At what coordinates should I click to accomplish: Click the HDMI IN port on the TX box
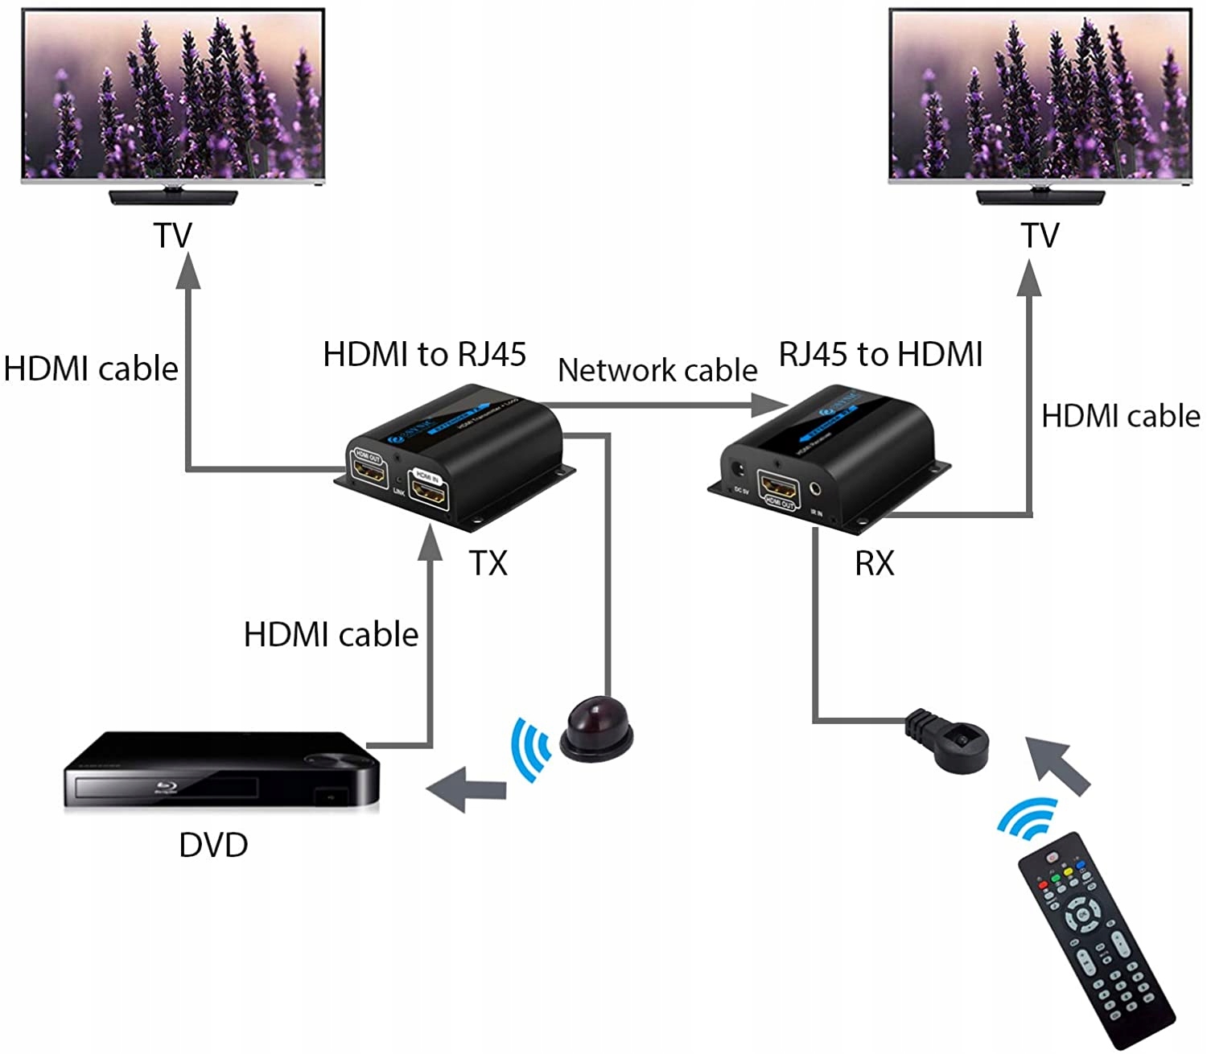click(x=429, y=491)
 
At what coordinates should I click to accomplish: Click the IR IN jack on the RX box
click(x=818, y=488)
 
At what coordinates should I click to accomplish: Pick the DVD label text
click(x=213, y=845)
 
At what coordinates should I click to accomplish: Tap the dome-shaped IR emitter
click(x=596, y=727)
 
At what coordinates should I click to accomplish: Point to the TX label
click(x=488, y=563)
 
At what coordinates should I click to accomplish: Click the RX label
click(x=875, y=563)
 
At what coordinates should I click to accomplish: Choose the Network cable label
click(x=657, y=370)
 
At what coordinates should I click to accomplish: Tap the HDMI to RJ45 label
click(x=424, y=354)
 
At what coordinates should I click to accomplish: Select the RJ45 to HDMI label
click(x=880, y=354)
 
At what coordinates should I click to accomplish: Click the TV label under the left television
click(x=173, y=235)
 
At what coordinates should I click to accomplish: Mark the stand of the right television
click(x=1040, y=196)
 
